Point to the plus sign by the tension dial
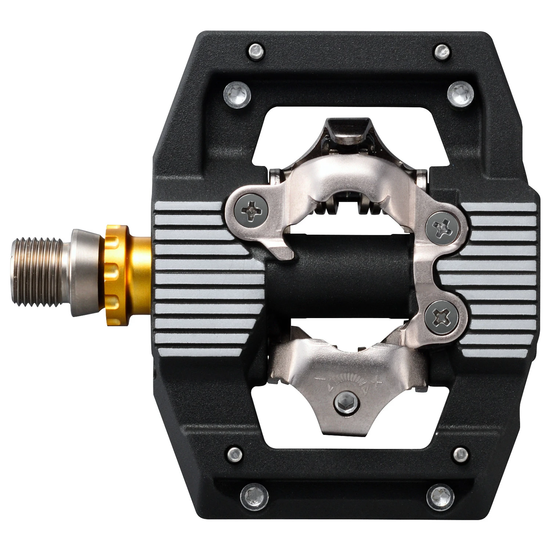tap(376, 382)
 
